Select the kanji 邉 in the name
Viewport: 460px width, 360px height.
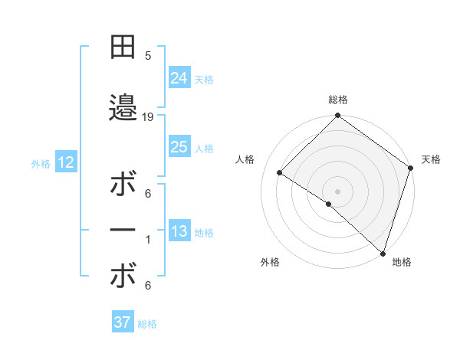pos(123,110)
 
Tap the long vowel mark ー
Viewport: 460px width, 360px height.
pos(123,231)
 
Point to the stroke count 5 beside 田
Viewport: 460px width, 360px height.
pos(148,56)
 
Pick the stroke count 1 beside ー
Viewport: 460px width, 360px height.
pos(148,241)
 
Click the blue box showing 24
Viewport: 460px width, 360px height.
pos(179,77)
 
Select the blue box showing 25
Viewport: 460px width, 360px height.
pos(179,147)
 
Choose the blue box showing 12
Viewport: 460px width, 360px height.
pos(65,162)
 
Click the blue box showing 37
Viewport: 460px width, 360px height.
pos(123,322)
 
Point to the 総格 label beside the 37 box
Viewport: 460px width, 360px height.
pos(147,324)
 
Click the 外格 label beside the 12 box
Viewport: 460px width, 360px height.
pos(40,163)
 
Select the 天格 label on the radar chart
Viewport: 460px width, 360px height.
pos(431,159)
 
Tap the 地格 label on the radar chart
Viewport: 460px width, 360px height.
pos(402,262)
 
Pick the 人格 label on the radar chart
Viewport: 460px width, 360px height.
pos(245,159)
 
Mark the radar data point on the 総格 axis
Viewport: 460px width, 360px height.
pos(337,116)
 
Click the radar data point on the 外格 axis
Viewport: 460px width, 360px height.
pos(329,204)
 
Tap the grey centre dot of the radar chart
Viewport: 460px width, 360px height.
pos(337,191)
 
